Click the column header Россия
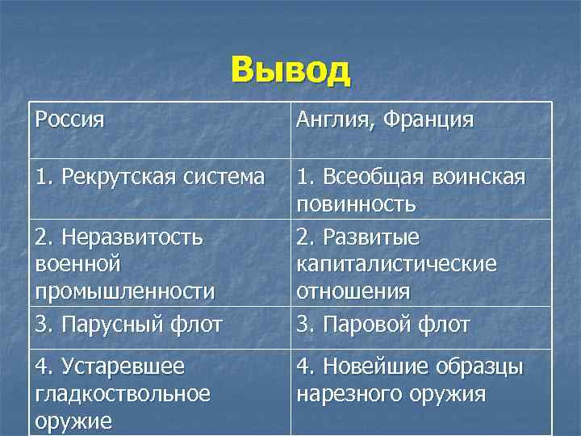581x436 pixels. (x=70, y=120)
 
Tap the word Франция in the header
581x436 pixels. (x=428, y=120)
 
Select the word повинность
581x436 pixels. (x=356, y=203)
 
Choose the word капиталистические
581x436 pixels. (x=396, y=264)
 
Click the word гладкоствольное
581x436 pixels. (x=123, y=394)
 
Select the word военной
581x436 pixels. (x=78, y=264)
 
